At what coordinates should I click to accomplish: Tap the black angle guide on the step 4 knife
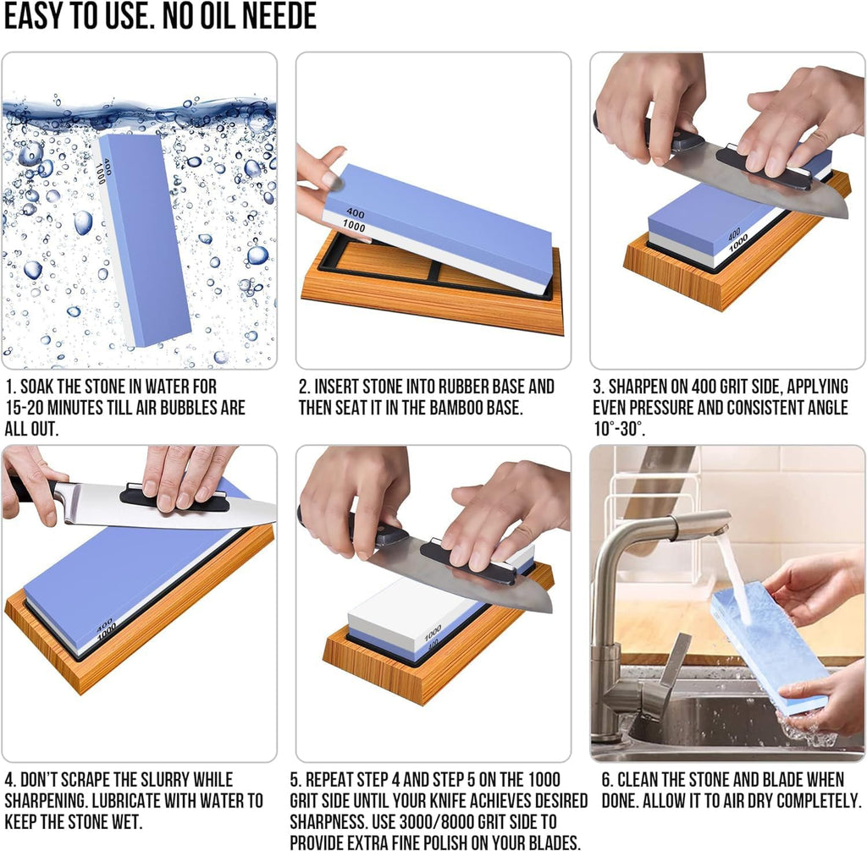coord(174,498)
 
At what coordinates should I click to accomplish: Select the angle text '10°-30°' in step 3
coord(619,429)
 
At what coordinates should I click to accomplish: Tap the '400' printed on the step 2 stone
coord(356,214)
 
